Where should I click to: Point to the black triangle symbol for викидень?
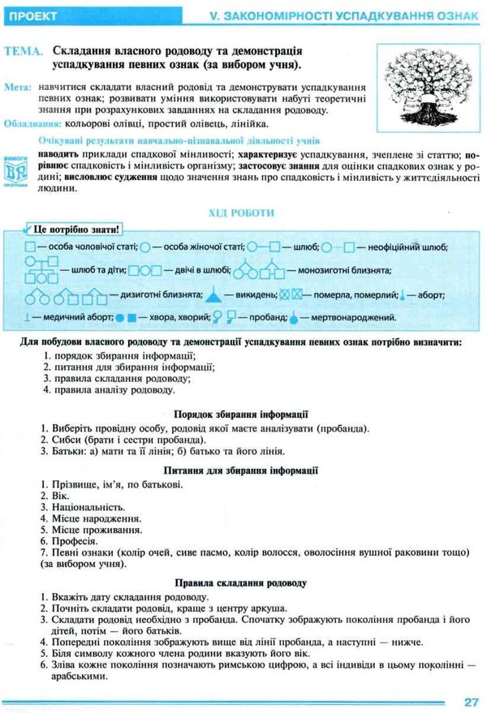213,295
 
